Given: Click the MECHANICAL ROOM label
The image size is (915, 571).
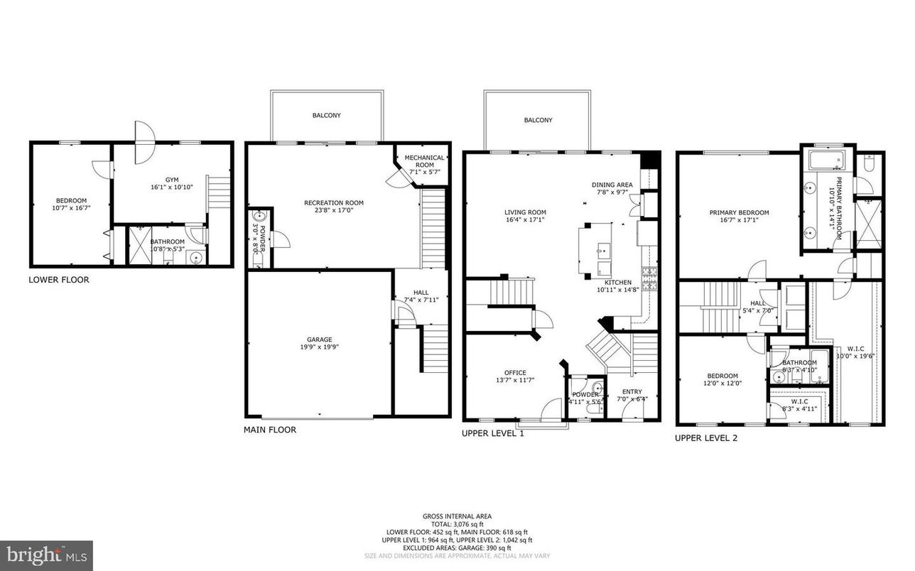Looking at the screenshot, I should [425, 158].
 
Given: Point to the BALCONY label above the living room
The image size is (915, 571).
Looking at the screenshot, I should [538, 121].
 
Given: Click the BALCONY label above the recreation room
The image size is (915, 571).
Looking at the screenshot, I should [326, 115].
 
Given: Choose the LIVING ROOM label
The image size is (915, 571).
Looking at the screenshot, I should [525, 212].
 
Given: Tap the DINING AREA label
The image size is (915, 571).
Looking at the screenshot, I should [612, 185].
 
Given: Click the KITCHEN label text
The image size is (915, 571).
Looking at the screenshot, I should [617, 282].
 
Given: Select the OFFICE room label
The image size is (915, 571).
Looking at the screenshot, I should [515, 372].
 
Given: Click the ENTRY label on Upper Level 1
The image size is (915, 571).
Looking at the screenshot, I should [632, 391].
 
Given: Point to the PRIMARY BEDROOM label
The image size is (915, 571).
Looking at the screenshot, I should [739, 212].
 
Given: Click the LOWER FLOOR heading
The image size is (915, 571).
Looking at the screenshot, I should [59, 280].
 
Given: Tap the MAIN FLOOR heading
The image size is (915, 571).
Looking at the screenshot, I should [270, 430].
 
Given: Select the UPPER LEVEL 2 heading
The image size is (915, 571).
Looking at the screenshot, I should [705, 438].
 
